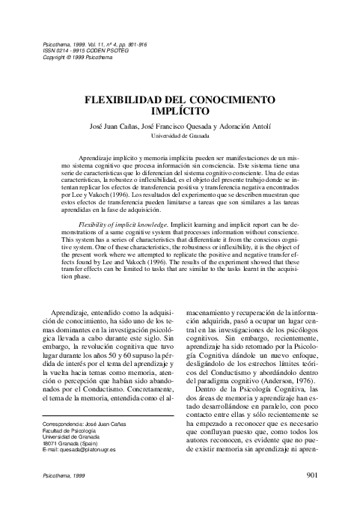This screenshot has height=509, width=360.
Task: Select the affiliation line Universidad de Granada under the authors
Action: coord(180,136)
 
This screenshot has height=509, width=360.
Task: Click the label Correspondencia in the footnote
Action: coord(62,424)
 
